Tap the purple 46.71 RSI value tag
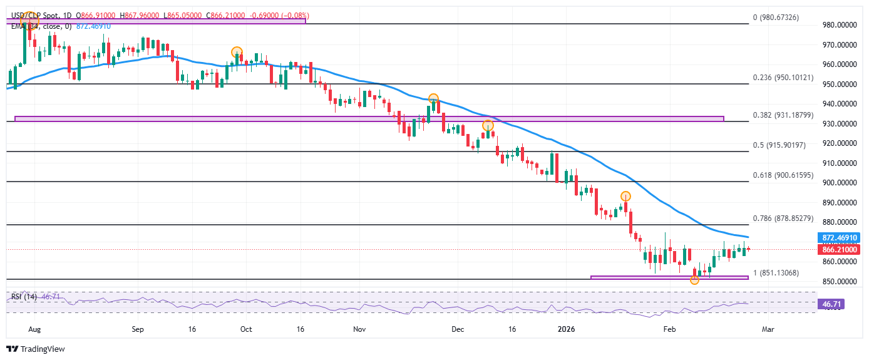coord(831,305)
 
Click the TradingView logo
coord(36,349)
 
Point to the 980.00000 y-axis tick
coord(838,25)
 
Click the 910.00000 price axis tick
coord(838,163)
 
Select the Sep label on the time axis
coord(138,328)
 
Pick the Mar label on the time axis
coord(768,328)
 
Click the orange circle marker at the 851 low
coord(694,280)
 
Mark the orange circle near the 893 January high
coord(625,196)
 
